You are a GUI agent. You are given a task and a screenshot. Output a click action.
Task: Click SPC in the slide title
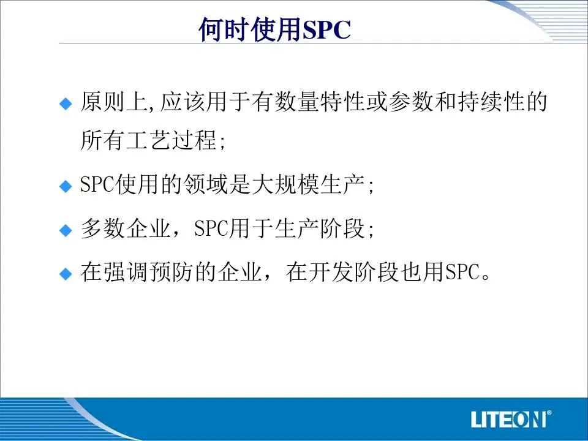click(326, 29)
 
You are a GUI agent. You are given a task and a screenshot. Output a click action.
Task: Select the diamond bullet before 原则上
click(66, 104)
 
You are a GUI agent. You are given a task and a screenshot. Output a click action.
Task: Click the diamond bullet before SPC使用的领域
click(66, 186)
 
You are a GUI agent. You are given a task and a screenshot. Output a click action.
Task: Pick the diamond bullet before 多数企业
click(66, 230)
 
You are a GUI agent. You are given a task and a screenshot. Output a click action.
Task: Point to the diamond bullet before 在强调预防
click(66, 274)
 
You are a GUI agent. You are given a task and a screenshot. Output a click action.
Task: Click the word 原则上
click(115, 102)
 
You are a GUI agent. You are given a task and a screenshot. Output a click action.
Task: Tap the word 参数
click(411, 102)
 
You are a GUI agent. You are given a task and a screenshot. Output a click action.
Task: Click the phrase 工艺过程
click(171, 140)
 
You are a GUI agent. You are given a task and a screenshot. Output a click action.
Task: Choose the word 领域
click(206, 184)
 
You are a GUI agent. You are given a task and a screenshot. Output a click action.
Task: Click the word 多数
click(103, 228)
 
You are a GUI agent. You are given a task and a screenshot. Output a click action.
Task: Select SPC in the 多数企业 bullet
click(211, 228)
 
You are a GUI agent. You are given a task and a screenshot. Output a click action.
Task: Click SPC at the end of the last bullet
click(462, 272)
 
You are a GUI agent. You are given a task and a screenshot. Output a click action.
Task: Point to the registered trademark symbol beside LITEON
click(549, 413)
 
